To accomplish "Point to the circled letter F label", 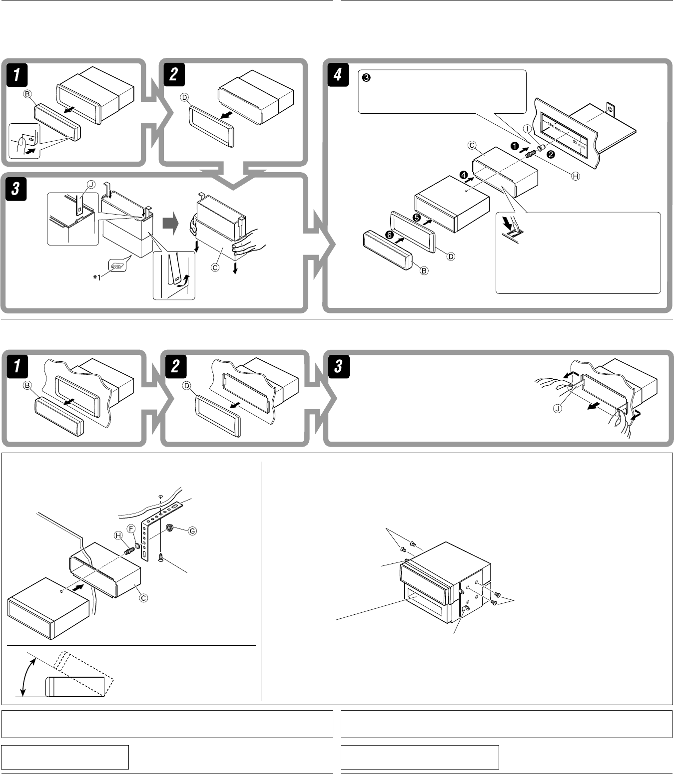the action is click(131, 528).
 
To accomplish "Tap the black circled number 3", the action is click(366, 78).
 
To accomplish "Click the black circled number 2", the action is click(550, 154).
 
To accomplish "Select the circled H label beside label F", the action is click(119, 535).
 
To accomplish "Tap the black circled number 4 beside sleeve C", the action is click(463, 175).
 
